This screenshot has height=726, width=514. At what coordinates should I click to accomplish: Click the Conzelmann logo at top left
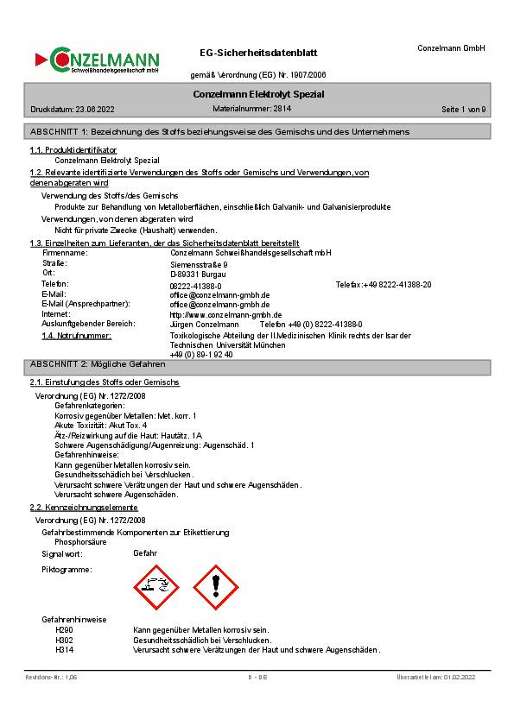point(97,60)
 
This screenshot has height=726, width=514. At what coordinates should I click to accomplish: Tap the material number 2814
point(282,109)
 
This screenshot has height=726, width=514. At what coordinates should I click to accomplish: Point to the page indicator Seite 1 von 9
point(464,110)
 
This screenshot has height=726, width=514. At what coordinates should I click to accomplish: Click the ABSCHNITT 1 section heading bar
point(257,131)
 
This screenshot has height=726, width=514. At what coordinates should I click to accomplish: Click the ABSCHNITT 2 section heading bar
point(257,364)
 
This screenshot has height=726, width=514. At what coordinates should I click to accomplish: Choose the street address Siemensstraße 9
point(199,264)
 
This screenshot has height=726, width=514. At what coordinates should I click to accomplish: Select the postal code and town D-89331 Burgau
point(198,274)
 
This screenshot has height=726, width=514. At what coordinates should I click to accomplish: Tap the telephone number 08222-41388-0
point(195,285)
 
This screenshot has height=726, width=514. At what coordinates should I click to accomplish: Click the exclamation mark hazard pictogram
point(213,587)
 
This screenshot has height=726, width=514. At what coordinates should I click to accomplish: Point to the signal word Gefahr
point(145,552)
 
